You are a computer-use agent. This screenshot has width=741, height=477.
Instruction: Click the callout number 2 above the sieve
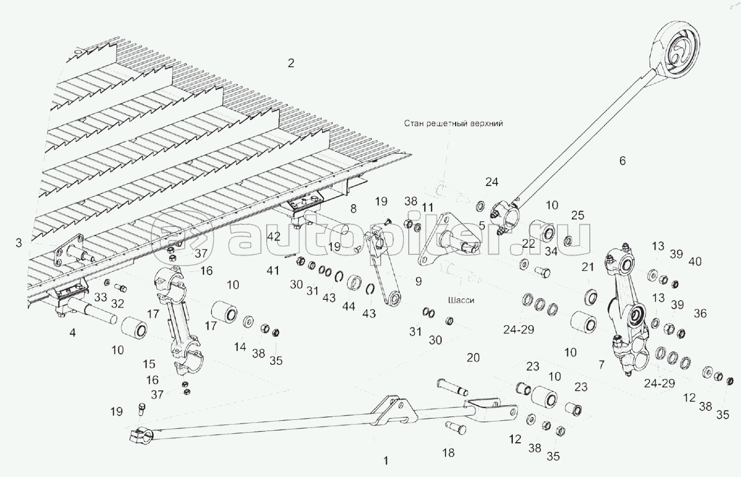(290, 63)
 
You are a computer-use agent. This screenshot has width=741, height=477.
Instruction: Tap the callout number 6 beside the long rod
(622, 161)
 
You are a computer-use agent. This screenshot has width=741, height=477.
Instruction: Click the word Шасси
(461, 300)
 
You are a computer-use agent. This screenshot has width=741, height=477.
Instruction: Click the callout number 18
(448, 453)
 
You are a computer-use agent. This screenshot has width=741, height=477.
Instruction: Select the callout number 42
(274, 237)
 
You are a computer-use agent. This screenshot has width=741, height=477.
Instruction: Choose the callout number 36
(701, 313)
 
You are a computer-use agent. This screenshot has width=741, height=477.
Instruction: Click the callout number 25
(578, 215)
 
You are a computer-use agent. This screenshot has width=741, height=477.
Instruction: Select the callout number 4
(71, 334)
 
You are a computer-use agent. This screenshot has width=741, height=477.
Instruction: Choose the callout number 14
(240, 348)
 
